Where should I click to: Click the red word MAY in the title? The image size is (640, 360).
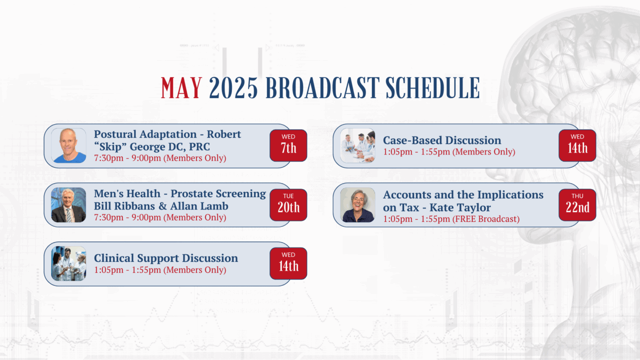tap(181, 88)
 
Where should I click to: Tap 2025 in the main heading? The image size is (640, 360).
tap(233, 88)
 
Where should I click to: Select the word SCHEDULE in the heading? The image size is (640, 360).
tap(432, 88)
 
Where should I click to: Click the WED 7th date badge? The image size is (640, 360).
tap(288, 145)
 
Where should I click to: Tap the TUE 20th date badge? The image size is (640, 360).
tap(288, 205)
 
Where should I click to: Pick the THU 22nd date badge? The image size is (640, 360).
tap(577, 205)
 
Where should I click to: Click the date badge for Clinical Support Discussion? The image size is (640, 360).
tap(288, 263)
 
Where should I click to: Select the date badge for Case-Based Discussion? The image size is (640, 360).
tap(577, 145)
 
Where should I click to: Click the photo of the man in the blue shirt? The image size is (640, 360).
tap(68, 145)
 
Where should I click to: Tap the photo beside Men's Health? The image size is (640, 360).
tap(68, 205)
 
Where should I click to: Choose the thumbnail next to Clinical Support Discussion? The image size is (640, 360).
tap(68, 263)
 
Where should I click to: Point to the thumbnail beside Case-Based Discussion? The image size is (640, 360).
tap(357, 145)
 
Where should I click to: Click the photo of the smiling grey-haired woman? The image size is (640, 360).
tap(357, 205)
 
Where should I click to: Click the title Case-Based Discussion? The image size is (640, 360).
tap(442, 140)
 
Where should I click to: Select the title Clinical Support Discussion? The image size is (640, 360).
tap(166, 258)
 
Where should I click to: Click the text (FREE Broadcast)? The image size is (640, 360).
tap(486, 219)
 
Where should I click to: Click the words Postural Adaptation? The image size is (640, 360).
tap(145, 134)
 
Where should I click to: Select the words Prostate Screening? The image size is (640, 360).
tap(218, 193)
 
